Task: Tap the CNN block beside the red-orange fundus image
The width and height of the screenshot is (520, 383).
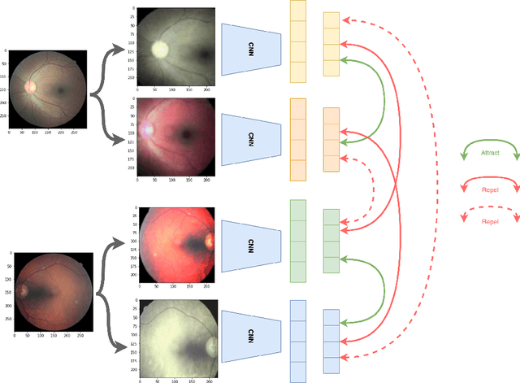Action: [x=252, y=242]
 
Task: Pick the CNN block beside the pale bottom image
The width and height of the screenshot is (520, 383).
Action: [x=252, y=335]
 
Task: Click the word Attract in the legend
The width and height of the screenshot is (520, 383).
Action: [x=490, y=153]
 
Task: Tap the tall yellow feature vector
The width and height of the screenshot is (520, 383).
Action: [x=298, y=41]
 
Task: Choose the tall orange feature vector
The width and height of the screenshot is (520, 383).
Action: [x=298, y=139]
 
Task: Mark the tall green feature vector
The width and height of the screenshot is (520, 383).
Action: [x=298, y=242]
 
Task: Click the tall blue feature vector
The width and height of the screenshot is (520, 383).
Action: [x=298, y=341]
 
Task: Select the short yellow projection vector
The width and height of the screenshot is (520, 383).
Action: [x=331, y=45]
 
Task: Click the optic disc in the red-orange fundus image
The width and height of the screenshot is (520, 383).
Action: [x=210, y=241]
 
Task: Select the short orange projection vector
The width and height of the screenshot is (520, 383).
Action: [x=331, y=139]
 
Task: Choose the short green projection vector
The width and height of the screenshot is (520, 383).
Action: [x=331, y=242]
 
